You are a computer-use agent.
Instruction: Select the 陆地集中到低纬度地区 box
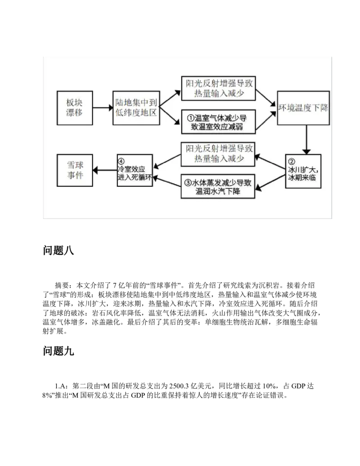coord(136,108)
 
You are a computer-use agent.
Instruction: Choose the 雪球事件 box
coord(75,170)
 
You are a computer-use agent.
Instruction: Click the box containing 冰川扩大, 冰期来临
coord(304,172)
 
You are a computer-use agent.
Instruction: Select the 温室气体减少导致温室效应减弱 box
coord(218,122)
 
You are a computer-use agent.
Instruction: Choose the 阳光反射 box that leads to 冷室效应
coord(218,154)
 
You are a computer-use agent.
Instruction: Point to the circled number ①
coord(191,118)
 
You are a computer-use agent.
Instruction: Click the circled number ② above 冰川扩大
coord(292,162)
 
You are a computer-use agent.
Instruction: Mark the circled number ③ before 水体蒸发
coord(188,183)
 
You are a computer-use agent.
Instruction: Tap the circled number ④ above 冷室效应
coord(121,161)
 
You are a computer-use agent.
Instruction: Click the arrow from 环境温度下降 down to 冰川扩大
coord(307,140)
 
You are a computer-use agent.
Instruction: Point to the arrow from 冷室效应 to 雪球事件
coord(105,170)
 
